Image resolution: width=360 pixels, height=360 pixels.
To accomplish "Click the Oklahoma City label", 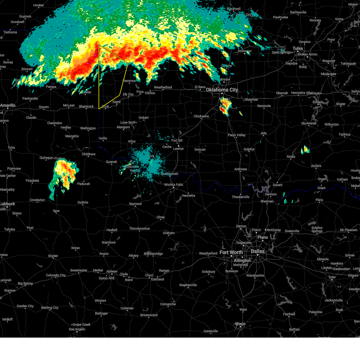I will click(222, 90).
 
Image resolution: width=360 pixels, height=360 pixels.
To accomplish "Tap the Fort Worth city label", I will click(231, 252).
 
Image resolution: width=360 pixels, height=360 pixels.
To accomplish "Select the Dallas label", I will click(258, 251).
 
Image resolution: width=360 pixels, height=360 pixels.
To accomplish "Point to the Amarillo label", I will click(7, 105).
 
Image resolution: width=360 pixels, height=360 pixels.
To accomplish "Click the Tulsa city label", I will click(298, 48).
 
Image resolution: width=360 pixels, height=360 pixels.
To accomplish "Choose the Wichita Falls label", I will click(173, 185).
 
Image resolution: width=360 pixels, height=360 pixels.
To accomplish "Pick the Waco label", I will click(240, 324).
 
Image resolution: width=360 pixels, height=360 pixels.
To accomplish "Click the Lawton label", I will click(178, 148).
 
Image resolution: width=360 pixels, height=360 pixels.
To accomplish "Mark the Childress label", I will click(88, 154).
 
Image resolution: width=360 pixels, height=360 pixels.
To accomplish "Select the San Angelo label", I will click(77, 329).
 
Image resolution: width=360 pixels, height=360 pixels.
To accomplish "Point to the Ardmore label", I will click(241, 169).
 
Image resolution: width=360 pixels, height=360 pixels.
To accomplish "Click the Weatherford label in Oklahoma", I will click(163, 87).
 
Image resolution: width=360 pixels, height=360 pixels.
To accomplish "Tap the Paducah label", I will click(83, 184).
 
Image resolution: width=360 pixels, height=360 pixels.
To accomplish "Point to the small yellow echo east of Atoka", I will click(305, 149).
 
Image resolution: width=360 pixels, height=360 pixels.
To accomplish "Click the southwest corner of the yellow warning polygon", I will click(99, 109).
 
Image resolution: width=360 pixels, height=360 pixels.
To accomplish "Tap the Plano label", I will click(262, 237).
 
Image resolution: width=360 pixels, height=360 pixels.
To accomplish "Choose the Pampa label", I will click(51, 87).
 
